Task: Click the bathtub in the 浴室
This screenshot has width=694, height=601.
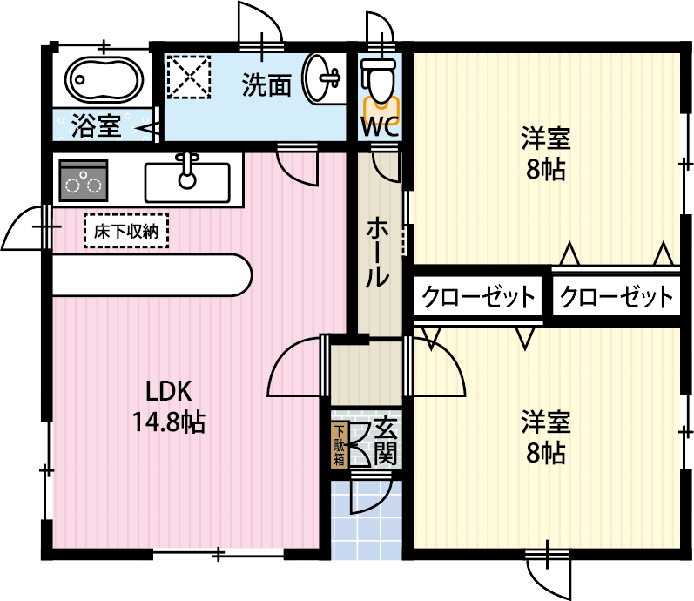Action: pyautogui.click(x=104, y=80)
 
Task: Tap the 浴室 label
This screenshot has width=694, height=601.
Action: pyautogui.click(x=96, y=125)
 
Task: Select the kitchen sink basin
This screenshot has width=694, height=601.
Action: pyautogui.click(x=187, y=182)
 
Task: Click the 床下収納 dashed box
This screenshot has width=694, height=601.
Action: pyautogui.click(x=126, y=232)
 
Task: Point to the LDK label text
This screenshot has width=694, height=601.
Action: pyautogui.click(x=168, y=391)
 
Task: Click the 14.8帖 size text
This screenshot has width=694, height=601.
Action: pyautogui.click(x=168, y=423)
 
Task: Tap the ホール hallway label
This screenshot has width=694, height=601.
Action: pyautogui.click(x=377, y=253)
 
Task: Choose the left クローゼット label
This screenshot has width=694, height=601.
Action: pyautogui.click(x=478, y=298)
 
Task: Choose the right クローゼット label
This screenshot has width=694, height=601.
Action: pyautogui.click(x=617, y=298)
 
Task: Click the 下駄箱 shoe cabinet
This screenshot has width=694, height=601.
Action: pyautogui.click(x=339, y=445)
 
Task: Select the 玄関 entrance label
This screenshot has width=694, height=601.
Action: pyautogui.click(x=386, y=441)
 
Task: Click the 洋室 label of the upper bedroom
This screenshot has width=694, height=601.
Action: pyautogui.click(x=545, y=138)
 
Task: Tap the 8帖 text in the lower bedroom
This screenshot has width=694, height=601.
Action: pyautogui.click(x=545, y=453)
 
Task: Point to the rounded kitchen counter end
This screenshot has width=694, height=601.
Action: pyautogui.click(x=235, y=276)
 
